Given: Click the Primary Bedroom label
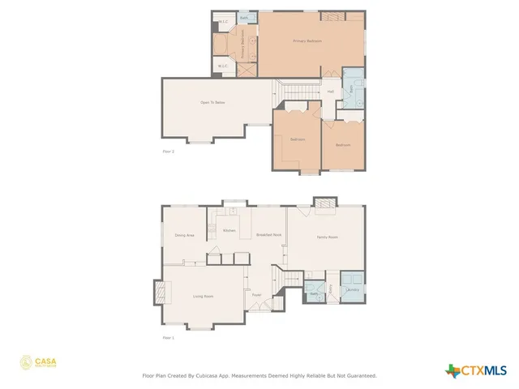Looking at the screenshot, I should pos(308,41).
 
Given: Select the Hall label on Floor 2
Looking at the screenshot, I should pos(331,92).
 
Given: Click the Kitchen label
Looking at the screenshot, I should pos(229,230).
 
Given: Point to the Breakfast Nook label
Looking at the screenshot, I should pos(268,234).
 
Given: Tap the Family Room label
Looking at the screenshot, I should pos(327,237).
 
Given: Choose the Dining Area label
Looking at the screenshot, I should pos(184,235).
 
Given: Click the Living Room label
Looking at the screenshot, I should pos(203,297).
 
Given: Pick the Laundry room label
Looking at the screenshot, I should pos(353,289).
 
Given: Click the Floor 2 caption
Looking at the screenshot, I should pos(168,151).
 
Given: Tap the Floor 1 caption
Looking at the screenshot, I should pos(168,336).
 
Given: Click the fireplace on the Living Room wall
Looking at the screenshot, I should pos(159,291).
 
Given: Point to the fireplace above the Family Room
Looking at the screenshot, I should pos(324,204).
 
